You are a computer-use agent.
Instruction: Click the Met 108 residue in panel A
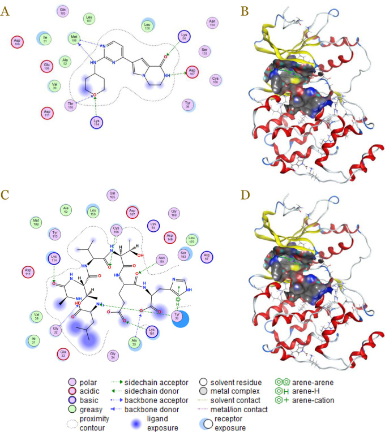click(x=73, y=38)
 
